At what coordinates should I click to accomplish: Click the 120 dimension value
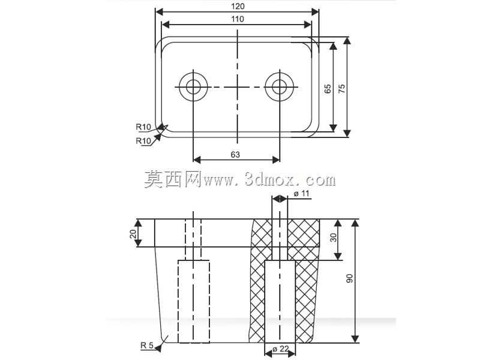coord(238,6)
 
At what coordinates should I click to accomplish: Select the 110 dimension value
coord(238,19)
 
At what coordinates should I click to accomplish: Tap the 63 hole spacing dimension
coord(235,155)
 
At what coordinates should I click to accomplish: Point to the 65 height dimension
coord(328,89)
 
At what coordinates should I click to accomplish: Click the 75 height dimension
coord(341,89)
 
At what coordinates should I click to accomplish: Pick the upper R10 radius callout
coord(143,127)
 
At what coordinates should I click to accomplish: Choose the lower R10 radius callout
coord(143,141)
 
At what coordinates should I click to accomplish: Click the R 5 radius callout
coord(146,346)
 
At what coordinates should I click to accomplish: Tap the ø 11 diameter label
coord(302,194)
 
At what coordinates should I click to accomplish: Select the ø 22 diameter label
coord(280,349)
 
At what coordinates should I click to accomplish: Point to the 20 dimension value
coord(133,234)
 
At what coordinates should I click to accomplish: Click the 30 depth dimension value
coord(334,238)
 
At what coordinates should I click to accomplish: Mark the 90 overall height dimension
coord(350,278)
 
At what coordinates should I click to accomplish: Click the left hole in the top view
coord(193,87)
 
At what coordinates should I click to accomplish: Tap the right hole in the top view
coord(280,87)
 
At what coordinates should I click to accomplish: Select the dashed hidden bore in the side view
coord(193,302)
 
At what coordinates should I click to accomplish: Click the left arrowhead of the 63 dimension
coord(197,160)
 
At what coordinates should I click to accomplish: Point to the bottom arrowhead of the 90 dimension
coord(355,339)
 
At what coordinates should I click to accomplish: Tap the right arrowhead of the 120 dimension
coord(315,12)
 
